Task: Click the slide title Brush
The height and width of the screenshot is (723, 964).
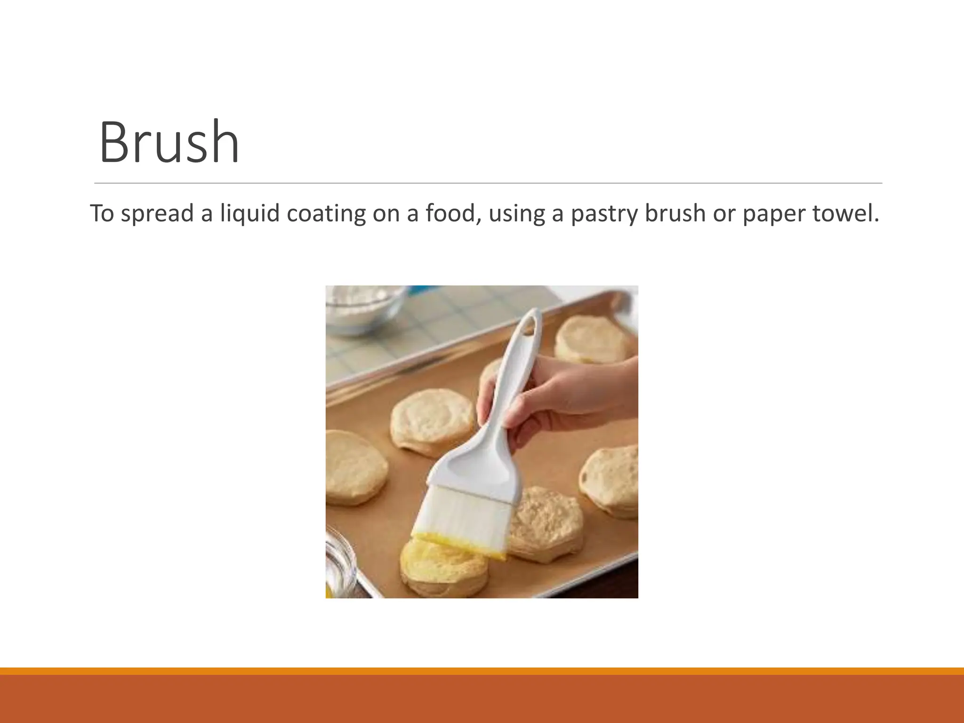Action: coord(169,142)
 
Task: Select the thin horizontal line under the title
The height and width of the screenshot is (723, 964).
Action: coord(488,183)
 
